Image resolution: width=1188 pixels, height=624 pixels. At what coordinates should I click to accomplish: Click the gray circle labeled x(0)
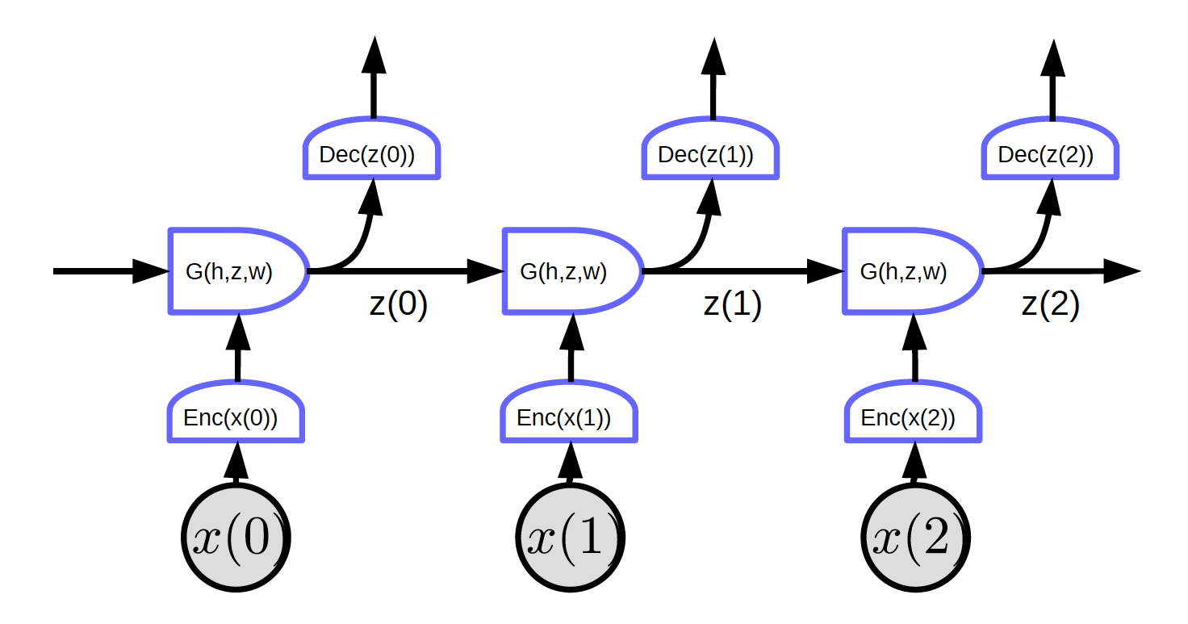pos(236,538)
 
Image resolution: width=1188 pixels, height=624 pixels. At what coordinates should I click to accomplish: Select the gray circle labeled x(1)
pos(571,538)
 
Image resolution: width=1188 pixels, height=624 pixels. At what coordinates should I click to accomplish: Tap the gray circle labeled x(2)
pos(914,538)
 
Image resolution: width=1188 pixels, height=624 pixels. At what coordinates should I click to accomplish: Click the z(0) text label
pos(398,307)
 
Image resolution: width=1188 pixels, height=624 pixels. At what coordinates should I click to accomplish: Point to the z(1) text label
pos(732,307)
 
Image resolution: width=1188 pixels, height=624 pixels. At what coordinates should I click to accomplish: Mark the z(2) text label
pos(1050,307)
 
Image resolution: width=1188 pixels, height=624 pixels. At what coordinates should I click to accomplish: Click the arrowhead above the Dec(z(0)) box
pos(373,57)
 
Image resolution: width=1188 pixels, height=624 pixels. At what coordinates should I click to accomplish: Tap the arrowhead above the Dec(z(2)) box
pos(1052,57)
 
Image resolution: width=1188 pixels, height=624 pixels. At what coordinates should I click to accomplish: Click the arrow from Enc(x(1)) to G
pos(571,347)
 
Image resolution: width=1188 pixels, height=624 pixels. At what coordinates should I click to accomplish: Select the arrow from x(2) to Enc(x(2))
pos(914,463)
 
